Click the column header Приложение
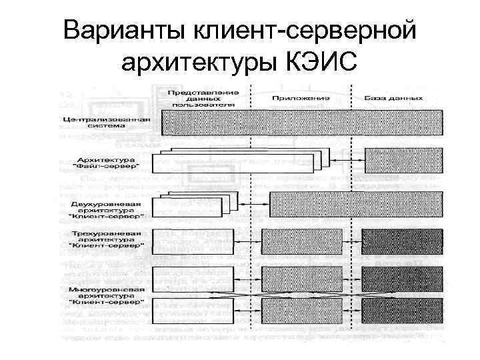coord(301,98)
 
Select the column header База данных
coord(393,98)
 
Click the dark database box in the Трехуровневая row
coord(403,239)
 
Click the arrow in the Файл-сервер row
coord(345,162)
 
